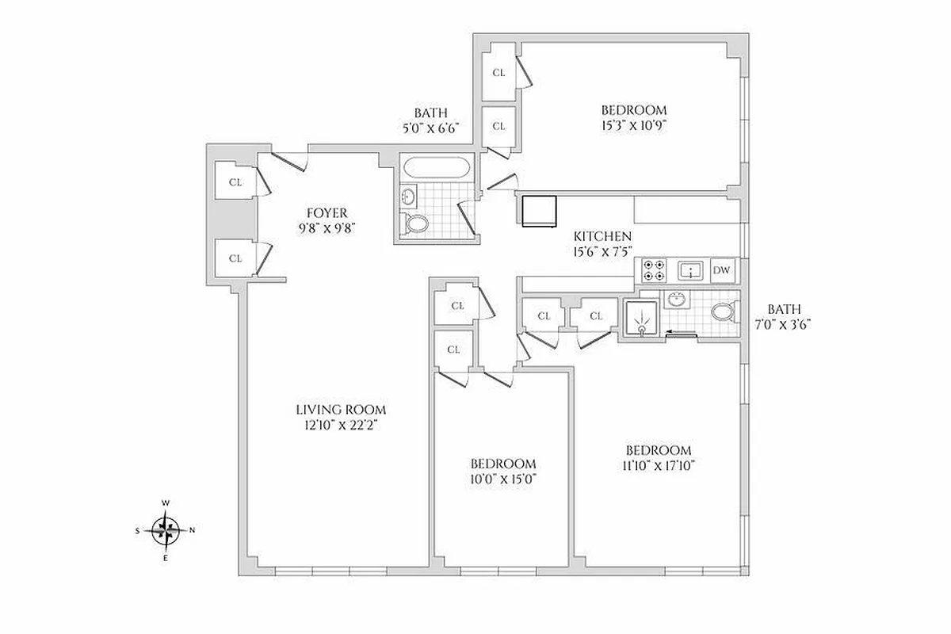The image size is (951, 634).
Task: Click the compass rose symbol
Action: [166, 529]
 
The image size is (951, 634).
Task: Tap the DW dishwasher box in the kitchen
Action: [721, 271]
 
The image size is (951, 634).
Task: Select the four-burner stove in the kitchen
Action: [653, 271]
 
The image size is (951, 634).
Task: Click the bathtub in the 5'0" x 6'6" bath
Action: [436, 168]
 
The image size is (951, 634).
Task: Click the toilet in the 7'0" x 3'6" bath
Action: [723, 311]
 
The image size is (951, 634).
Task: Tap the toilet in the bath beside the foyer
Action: [415, 223]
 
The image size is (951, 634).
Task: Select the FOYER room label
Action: [327, 212]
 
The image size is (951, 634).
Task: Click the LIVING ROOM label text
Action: [341, 410]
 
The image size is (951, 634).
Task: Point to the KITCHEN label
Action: [602, 236]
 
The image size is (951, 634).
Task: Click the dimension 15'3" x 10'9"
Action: [633, 125]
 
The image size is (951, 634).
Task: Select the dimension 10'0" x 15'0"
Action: [503, 479]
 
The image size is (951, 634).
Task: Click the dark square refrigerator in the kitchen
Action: [539, 211]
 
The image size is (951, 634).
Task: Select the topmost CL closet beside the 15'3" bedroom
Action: [498, 73]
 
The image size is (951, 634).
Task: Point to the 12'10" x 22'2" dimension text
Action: [341, 425]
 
